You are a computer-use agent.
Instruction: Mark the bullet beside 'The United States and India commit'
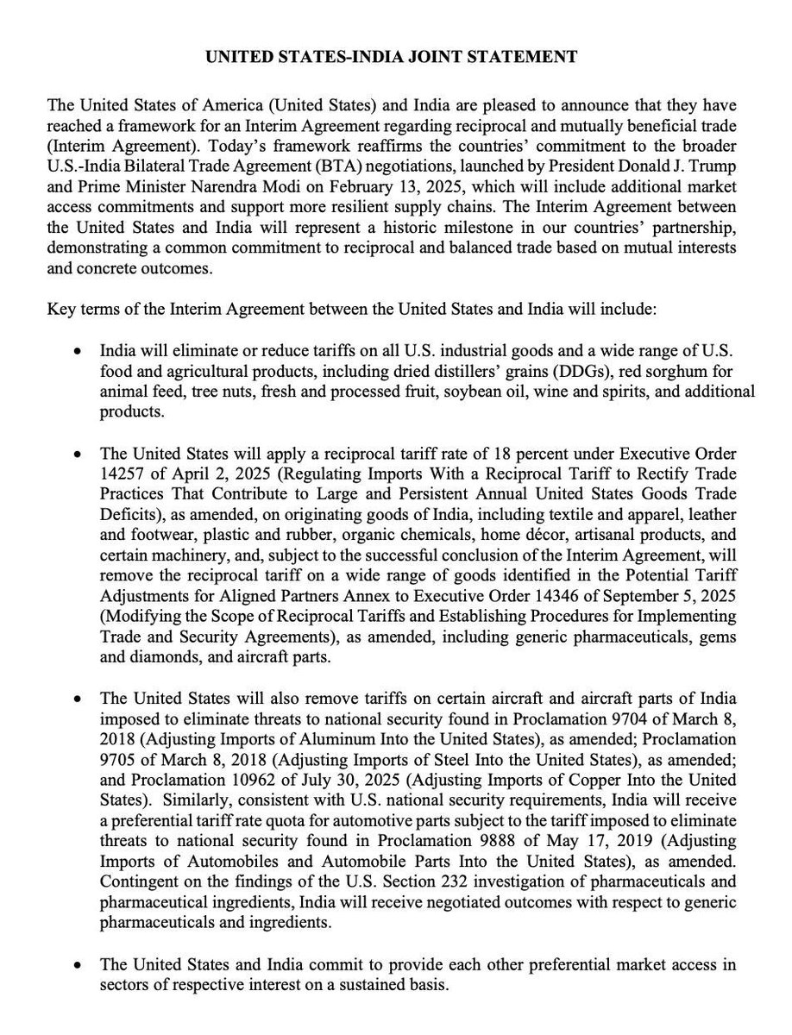click(x=79, y=965)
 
